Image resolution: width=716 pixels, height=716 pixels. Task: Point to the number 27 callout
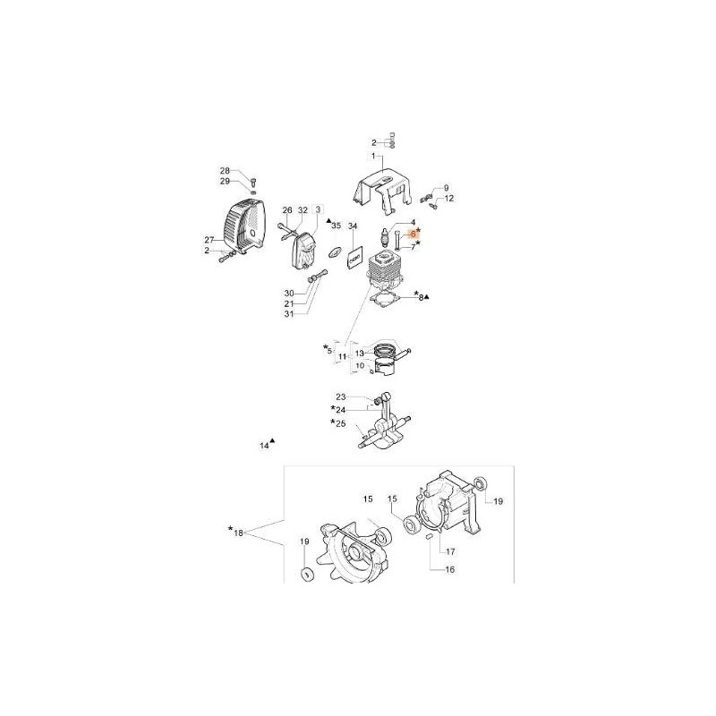click(x=209, y=240)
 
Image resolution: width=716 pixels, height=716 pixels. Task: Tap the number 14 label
click(x=264, y=445)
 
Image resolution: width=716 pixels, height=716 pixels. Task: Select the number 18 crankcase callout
click(x=238, y=533)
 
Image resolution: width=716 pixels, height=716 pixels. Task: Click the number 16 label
click(x=449, y=569)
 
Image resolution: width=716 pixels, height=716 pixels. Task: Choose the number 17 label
click(x=451, y=551)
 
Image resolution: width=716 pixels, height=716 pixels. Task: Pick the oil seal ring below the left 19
click(x=305, y=574)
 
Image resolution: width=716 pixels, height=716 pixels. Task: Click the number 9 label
click(x=447, y=187)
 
